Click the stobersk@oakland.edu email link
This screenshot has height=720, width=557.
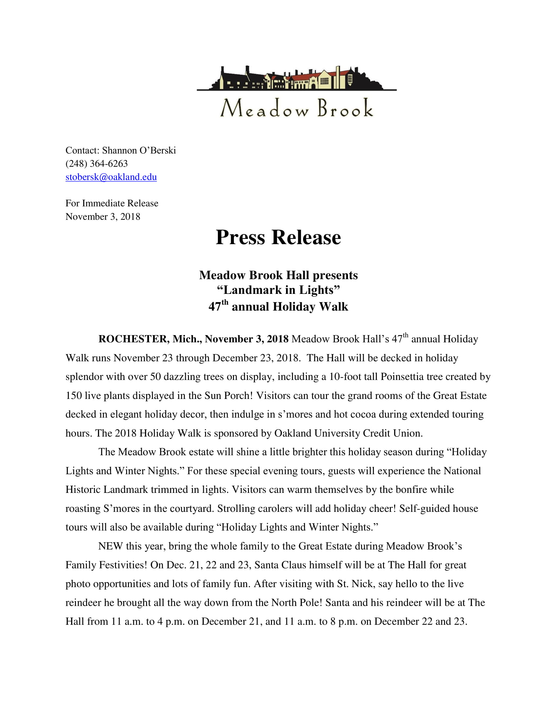(111, 177)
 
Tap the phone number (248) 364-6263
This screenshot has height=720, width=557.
(96, 164)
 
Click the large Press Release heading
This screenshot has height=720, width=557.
(278, 237)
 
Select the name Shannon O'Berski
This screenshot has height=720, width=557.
(139, 150)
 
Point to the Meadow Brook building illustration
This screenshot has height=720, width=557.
(296, 79)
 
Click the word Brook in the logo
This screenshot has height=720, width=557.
(345, 108)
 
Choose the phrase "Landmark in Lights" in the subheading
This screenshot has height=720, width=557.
(278, 290)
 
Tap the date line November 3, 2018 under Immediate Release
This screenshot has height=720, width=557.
(103, 217)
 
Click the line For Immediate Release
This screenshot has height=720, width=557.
(112, 203)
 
